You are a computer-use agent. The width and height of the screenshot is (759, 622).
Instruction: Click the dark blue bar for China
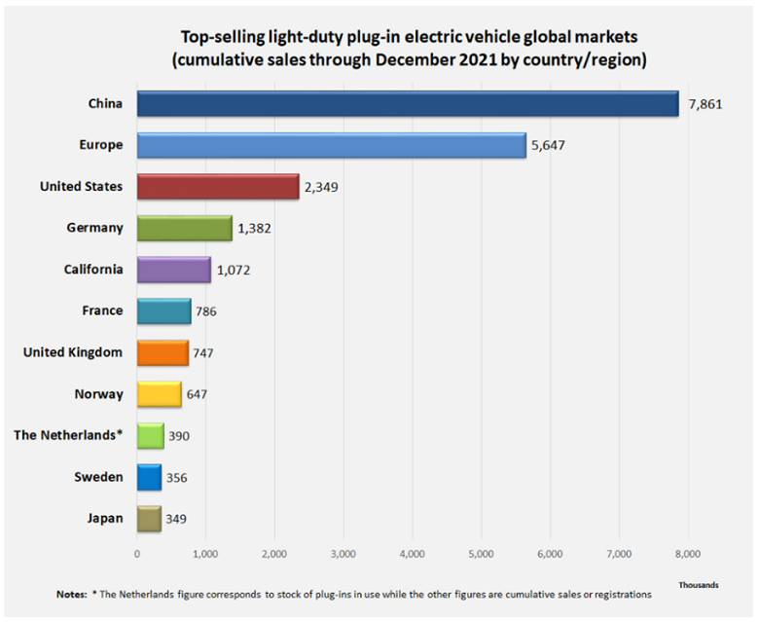click(x=407, y=103)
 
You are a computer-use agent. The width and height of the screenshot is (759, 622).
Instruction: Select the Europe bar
click(x=331, y=145)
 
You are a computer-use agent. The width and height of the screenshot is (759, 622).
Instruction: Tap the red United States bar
click(x=218, y=187)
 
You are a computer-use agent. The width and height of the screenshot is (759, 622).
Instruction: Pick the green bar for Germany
click(x=184, y=228)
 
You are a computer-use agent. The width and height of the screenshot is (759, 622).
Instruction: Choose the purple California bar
click(x=173, y=270)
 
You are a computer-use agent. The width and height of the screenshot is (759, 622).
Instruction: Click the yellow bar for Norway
click(x=159, y=394)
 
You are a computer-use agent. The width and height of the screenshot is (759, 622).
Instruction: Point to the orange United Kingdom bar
click(x=162, y=352)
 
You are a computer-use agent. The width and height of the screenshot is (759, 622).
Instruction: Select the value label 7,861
click(x=706, y=104)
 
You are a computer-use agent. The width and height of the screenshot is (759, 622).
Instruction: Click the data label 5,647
click(x=548, y=146)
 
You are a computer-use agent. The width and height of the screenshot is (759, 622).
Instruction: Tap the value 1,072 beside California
click(x=234, y=270)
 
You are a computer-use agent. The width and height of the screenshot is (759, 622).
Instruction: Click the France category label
click(x=102, y=311)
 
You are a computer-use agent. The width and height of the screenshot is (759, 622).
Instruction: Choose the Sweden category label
click(x=98, y=477)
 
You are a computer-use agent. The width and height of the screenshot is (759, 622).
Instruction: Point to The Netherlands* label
click(x=68, y=435)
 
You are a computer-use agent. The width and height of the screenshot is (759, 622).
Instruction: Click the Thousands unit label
click(x=699, y=584)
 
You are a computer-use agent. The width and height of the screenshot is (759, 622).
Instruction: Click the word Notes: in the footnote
click(x=71, y=594)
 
